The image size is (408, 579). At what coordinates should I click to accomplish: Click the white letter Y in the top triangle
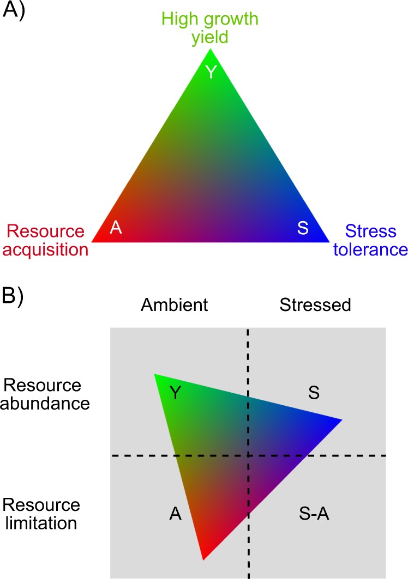pyautogui.click(x=211, y=71)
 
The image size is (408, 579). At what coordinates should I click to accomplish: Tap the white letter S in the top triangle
pyautogui.click(x=303, y=228)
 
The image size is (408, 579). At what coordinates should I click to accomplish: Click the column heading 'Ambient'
pyautogui.click(x=174, y=305)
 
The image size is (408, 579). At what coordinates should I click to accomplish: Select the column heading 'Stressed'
pyautogui.click(x=315, y=305)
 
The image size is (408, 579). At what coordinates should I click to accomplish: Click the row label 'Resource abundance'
pyautogui.click(x=42, y=395)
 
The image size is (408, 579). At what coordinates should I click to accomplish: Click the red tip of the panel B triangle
pyautogui.click(x=203, y=557)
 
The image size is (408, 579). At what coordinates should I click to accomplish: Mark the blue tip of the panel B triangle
pyautogui.click(x=339, y=420)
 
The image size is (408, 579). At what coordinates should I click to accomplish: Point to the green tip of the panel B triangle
pyautogui.click(x=157, y=376)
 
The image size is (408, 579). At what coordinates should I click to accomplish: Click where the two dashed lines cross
pyautogui.click(x=249, y=455)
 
